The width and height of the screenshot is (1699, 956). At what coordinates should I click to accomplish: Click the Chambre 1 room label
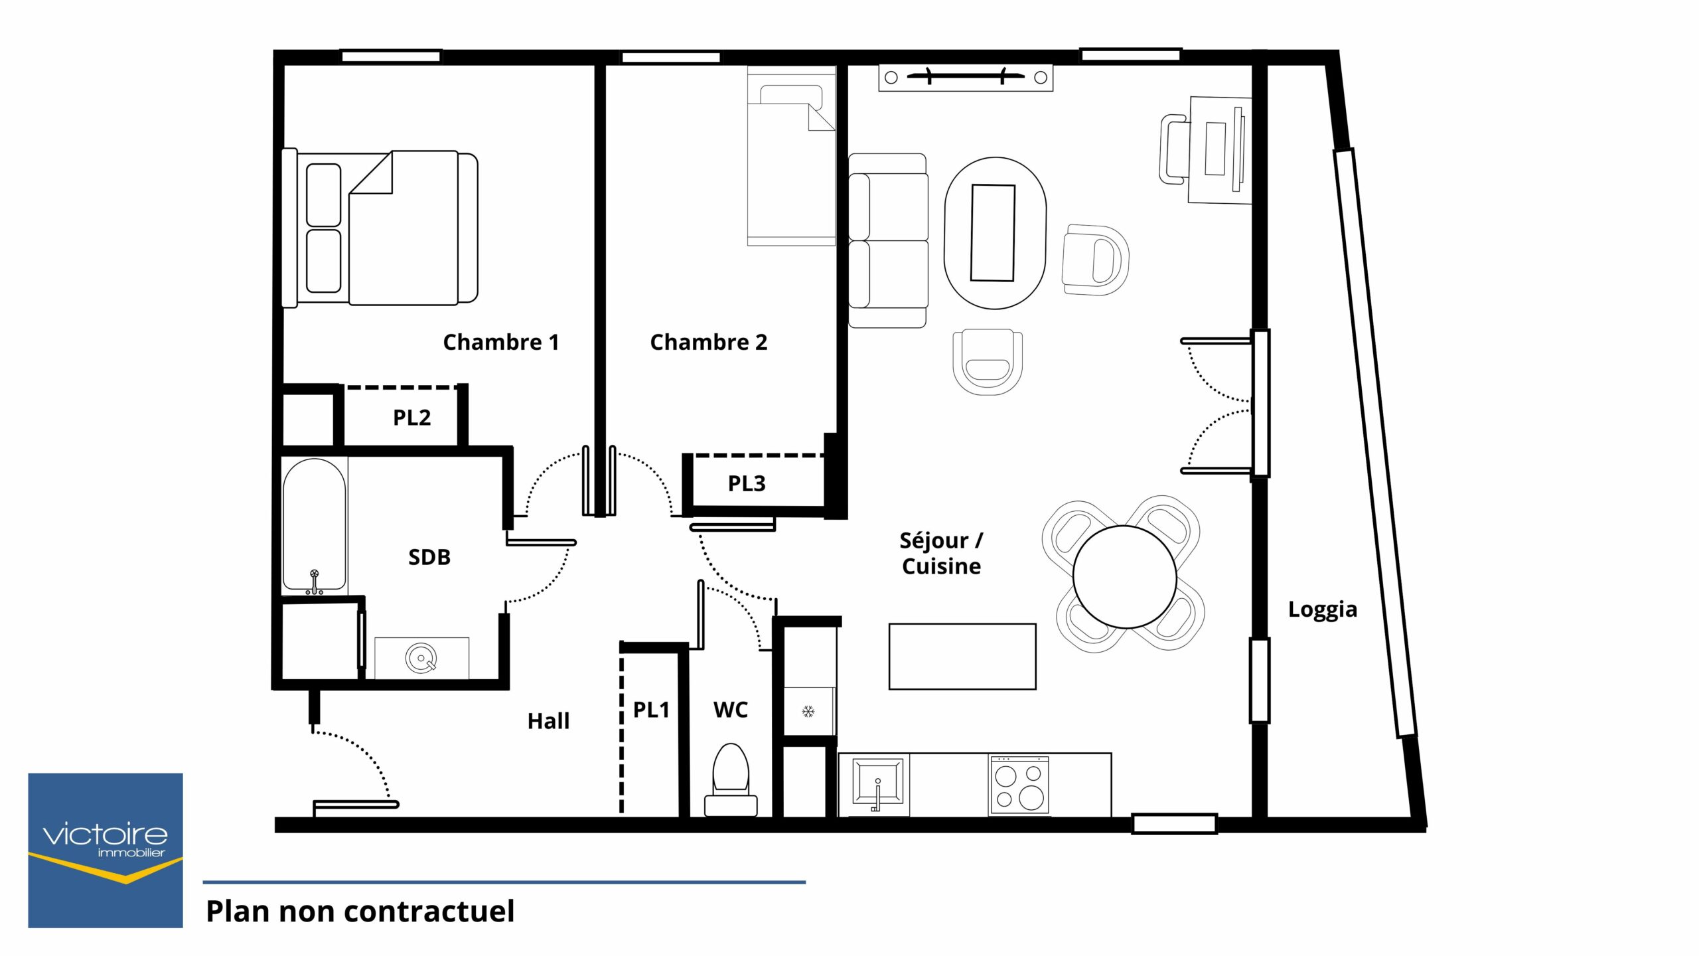tap(501, 343)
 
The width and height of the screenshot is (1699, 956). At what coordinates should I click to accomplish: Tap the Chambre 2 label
tap(708, 343)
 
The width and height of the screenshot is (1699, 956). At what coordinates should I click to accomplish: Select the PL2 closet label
tap(411, 418)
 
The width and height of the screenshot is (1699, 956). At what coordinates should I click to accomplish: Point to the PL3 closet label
tap(747, 483)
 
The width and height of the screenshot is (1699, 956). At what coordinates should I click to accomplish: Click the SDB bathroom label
tap(429, 557)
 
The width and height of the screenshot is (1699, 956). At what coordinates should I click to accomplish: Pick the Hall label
tap(548, 721)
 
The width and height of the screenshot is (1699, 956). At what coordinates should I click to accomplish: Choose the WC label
tap(730, 710)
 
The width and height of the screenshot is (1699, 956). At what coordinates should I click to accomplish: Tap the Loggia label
tap(1322, 610)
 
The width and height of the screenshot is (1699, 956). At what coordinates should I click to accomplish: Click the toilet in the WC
tap(731, 779)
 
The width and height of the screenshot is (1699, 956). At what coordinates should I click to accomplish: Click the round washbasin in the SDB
tap(421, 658)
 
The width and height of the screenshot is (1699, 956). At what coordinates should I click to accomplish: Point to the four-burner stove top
tap(1019, 785)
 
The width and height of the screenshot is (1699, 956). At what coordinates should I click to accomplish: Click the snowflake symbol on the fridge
tap(808, 712)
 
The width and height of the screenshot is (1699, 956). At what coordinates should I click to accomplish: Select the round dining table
tap(1124, 577)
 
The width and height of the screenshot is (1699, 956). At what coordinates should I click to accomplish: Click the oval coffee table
tap(995, 233)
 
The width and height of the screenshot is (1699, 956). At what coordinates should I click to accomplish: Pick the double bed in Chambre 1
tap(380, 228)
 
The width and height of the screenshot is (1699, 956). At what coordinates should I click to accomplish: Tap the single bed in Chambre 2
tap(791, 157)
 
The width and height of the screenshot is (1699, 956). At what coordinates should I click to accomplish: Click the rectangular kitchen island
tap(962, 657)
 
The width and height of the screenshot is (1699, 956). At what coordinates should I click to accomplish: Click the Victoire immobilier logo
tap(106, 850)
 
